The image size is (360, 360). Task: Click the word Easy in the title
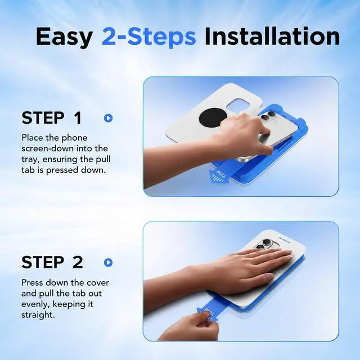[x=64, y=37]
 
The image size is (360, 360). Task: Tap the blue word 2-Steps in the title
[x=148, y=37]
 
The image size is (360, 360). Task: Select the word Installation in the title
[x=272, y=36]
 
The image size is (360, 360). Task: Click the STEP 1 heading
[x=52, y=118]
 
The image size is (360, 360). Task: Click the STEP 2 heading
[x=52, y=262]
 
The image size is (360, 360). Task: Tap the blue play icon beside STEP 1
[x=108, y=118]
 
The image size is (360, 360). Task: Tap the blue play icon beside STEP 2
[x=108, y=263]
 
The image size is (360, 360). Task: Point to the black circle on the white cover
[x=213, y=119]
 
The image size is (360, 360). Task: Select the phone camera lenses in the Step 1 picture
[x=268, y=116]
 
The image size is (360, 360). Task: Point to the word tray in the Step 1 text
[x=29, y=160]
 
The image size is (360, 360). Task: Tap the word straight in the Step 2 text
[x=38, y=315]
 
